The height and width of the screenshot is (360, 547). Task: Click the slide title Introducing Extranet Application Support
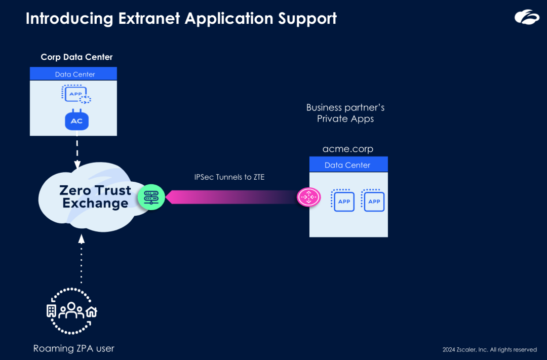pyautogui.click(x=181, y=19)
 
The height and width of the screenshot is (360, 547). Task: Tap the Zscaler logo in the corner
pyautogui.click(x=527, y=17)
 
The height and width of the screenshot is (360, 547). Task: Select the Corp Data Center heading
pyautogui.click(x=76, y=57)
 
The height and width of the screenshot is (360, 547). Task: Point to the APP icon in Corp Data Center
pyautogui.click(x=76, y=94)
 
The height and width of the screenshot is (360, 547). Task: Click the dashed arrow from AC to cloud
pyautogui.click(x=77, y=152)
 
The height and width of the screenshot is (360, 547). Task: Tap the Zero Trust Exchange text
pyautogui.click(x=95, y=197)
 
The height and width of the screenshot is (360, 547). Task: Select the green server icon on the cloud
pyautogui.click(x=151, y=197)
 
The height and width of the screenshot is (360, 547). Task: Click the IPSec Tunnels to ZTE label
pyautogui.click(x=229, y=177)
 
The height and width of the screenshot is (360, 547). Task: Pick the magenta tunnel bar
pyautogui.click(x=233, y=197)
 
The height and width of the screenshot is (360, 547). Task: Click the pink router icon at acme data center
pyautogui.click(x=309, y=197)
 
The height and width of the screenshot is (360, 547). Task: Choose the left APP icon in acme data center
pyautogui.click(x=343, y=201)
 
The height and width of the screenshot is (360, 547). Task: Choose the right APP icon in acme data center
pyautogui.click(x=373, y=201)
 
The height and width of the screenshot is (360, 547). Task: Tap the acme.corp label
pyautogui.click(x=348, y=149)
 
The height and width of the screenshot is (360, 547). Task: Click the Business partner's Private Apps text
pyautogui.click(x=345, y=113)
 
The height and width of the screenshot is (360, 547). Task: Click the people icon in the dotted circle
pyautogui.click(x=70, y=310)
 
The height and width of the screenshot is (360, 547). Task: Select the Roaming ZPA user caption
pyautogui.click(x=74, y=348)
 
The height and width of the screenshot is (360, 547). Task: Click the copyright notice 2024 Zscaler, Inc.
pyautogui.click(x=489, y=349)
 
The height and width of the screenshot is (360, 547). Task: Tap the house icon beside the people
pyautogui.click(x=91, y=311)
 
